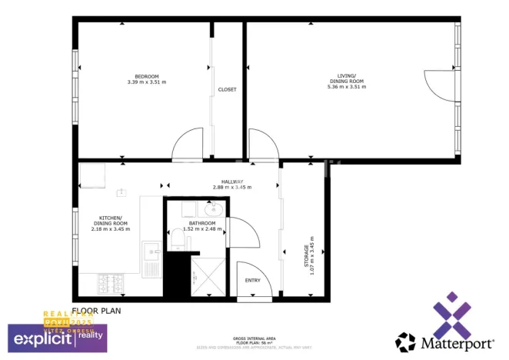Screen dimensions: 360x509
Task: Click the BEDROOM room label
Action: tap(146, 76)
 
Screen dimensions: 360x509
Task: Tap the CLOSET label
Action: tap(227, 89)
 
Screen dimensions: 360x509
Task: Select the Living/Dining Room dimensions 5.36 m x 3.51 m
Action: tap(346, 87)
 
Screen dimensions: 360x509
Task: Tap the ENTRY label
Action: tap(252, 280)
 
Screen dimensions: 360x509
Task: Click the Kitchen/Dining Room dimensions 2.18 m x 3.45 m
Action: tap(110, 229)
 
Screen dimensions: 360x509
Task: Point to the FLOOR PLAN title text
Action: tap(96, 312)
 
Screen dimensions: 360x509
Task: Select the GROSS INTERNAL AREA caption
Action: tap(254, 339)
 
